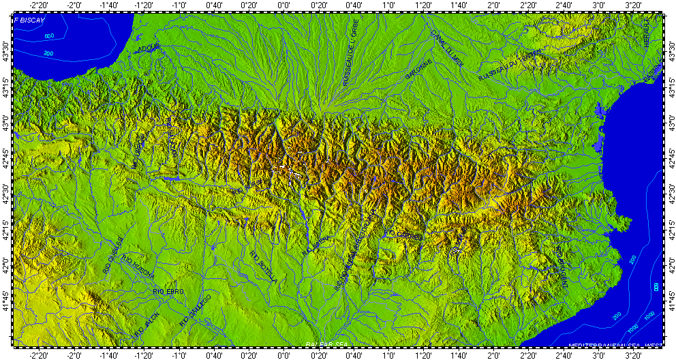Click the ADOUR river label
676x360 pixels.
[x=147, y=48]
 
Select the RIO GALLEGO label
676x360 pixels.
[x=195, y=310]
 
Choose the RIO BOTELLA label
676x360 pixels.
[x=264, y=267]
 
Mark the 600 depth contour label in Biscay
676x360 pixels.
[x=49, y=35]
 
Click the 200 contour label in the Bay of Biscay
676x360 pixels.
[x=48, y=53]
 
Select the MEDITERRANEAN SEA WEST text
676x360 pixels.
[x=614, y=345]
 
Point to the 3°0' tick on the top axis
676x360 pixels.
[x=598, y=5]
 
